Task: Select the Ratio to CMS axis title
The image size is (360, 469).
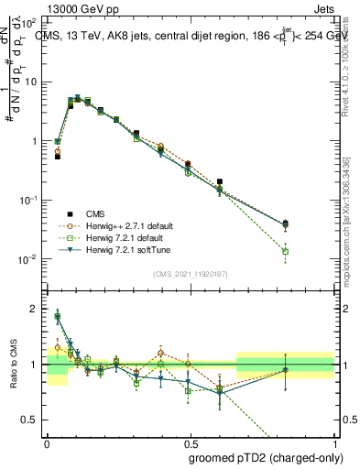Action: (x=13, y=365)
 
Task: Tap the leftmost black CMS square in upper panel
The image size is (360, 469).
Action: (x=57, y=157)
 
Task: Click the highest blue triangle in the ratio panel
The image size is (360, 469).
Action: (x=58, y=317)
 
